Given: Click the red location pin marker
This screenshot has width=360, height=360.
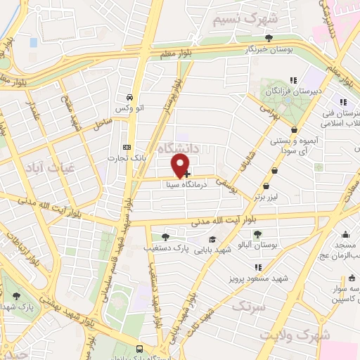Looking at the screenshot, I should tap(181, 165).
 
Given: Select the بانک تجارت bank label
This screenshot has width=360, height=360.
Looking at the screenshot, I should tap(127, 158).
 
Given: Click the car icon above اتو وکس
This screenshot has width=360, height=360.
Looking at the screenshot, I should tap(129, 98).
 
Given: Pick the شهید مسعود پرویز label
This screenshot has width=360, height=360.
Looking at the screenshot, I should tap(259, 279).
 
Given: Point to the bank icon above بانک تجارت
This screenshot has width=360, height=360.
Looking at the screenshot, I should tap(127, 147).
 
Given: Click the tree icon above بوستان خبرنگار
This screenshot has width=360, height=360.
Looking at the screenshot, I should tap(267, 38).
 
